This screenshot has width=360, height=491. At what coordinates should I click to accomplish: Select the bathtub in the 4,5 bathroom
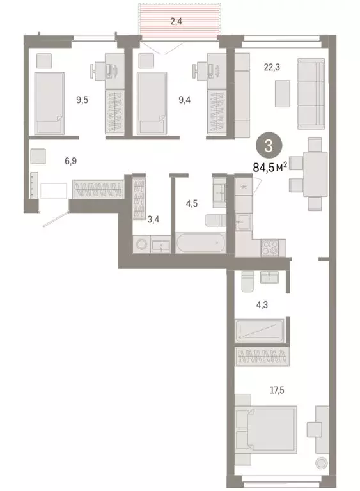coord(200,244)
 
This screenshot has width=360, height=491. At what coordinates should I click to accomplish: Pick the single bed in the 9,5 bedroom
coord(49,102)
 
